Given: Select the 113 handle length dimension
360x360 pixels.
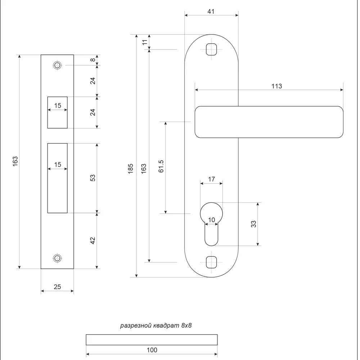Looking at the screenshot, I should (276, 86).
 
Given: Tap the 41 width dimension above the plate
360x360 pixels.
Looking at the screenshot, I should (211, 12).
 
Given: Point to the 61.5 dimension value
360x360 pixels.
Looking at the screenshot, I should (161, 166).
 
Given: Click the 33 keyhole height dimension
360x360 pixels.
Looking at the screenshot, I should (253, 224).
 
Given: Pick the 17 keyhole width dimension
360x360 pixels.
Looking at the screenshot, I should (211, 179).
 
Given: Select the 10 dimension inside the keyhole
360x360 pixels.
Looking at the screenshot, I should (211, 220).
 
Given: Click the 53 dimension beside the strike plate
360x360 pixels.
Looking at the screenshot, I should (93, 178).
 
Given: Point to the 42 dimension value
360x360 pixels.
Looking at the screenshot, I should (93, 240).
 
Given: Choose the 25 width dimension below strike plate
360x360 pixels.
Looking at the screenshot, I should (57, 287).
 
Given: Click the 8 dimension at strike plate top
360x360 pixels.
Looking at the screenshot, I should (93, 60).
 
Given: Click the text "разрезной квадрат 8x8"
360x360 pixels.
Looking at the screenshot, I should (158, 326).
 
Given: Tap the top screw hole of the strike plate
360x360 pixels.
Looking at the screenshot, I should (57, 66).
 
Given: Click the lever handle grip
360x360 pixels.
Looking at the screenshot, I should (269, 122).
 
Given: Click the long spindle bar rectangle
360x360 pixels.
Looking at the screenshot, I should (152, 340).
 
